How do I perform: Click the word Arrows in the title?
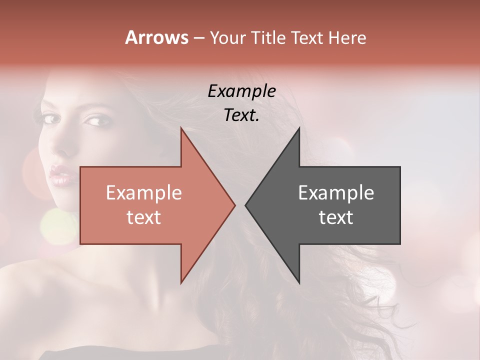click(156, 37)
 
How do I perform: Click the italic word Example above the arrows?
click(241, 91)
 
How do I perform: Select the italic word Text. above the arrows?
click(241, 115)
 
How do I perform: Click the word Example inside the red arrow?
click(143, 192)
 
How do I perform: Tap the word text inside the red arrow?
click(143, 217)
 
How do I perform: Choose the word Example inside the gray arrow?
click(336, 192)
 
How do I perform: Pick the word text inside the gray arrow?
click(336, 217)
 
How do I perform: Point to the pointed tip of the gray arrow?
click(246, 205)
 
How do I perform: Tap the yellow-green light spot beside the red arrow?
click(57, 225)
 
